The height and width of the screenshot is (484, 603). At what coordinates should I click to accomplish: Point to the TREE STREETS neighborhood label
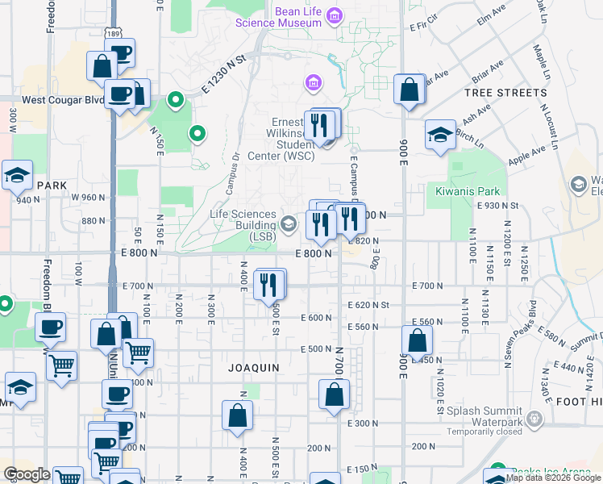coord(505,93)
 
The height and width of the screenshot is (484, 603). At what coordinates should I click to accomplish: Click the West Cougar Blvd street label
coord(63,100)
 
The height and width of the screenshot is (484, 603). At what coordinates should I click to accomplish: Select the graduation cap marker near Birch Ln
coord(440,135)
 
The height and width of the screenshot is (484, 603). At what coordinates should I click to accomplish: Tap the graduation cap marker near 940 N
coord(16,174)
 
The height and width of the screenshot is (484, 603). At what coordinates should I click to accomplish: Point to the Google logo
coord(27,474)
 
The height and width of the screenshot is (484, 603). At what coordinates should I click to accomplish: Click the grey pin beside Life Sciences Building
coord(289,224)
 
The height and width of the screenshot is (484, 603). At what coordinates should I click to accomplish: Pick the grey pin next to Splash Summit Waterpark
coord(538,419)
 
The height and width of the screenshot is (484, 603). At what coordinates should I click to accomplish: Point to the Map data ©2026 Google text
coord(553,478)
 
